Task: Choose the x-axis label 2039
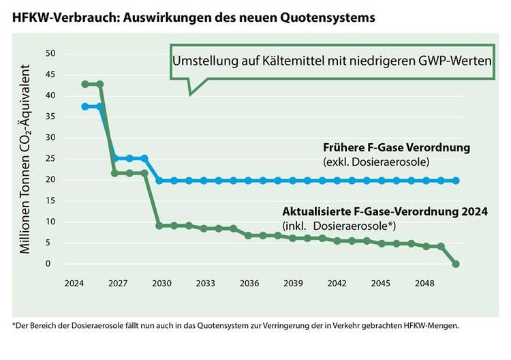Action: (293, 282)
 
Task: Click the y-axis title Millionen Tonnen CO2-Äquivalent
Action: (26, 159)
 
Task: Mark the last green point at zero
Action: (456, 264)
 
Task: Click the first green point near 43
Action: (85, 85)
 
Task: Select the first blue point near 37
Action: (85, 106)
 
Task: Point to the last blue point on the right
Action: (456, 181)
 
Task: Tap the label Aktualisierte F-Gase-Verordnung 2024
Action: (385, 212)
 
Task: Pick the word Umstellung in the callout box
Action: (202, 61)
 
